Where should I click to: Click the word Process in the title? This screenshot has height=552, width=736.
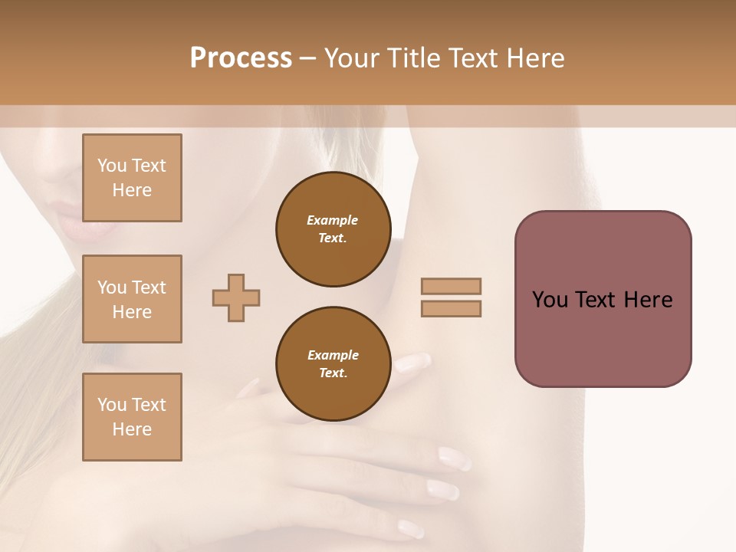tap(241, 58)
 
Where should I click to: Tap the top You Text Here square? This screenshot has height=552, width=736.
tap(132, 178)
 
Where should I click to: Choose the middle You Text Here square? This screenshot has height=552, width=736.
tap(132, 299)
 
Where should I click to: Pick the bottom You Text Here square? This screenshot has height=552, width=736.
tap(132, 417)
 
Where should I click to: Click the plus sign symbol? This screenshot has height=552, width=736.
tap(236, 297)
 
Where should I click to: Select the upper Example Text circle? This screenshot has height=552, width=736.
tap(333, 229)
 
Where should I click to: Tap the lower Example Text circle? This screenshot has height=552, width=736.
tap(333, 364)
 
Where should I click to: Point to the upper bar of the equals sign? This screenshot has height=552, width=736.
tap(452, 286)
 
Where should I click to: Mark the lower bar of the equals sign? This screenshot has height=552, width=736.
tap(452, 308)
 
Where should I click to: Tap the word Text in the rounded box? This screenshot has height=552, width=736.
tap(596, 300)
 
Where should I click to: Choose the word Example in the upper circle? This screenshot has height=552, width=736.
tap(332, 220)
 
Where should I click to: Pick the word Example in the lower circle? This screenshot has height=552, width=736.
tap(333, 355)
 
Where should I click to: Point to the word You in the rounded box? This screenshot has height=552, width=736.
tap(550, 300)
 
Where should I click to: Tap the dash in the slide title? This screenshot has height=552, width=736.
tap(307, 58)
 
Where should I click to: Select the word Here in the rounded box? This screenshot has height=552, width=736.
tap(648, 300)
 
